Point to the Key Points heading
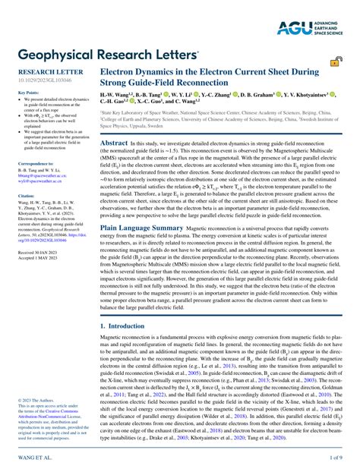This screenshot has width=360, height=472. tap(28, 93)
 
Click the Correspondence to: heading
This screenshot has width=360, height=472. tap(36, 164)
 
